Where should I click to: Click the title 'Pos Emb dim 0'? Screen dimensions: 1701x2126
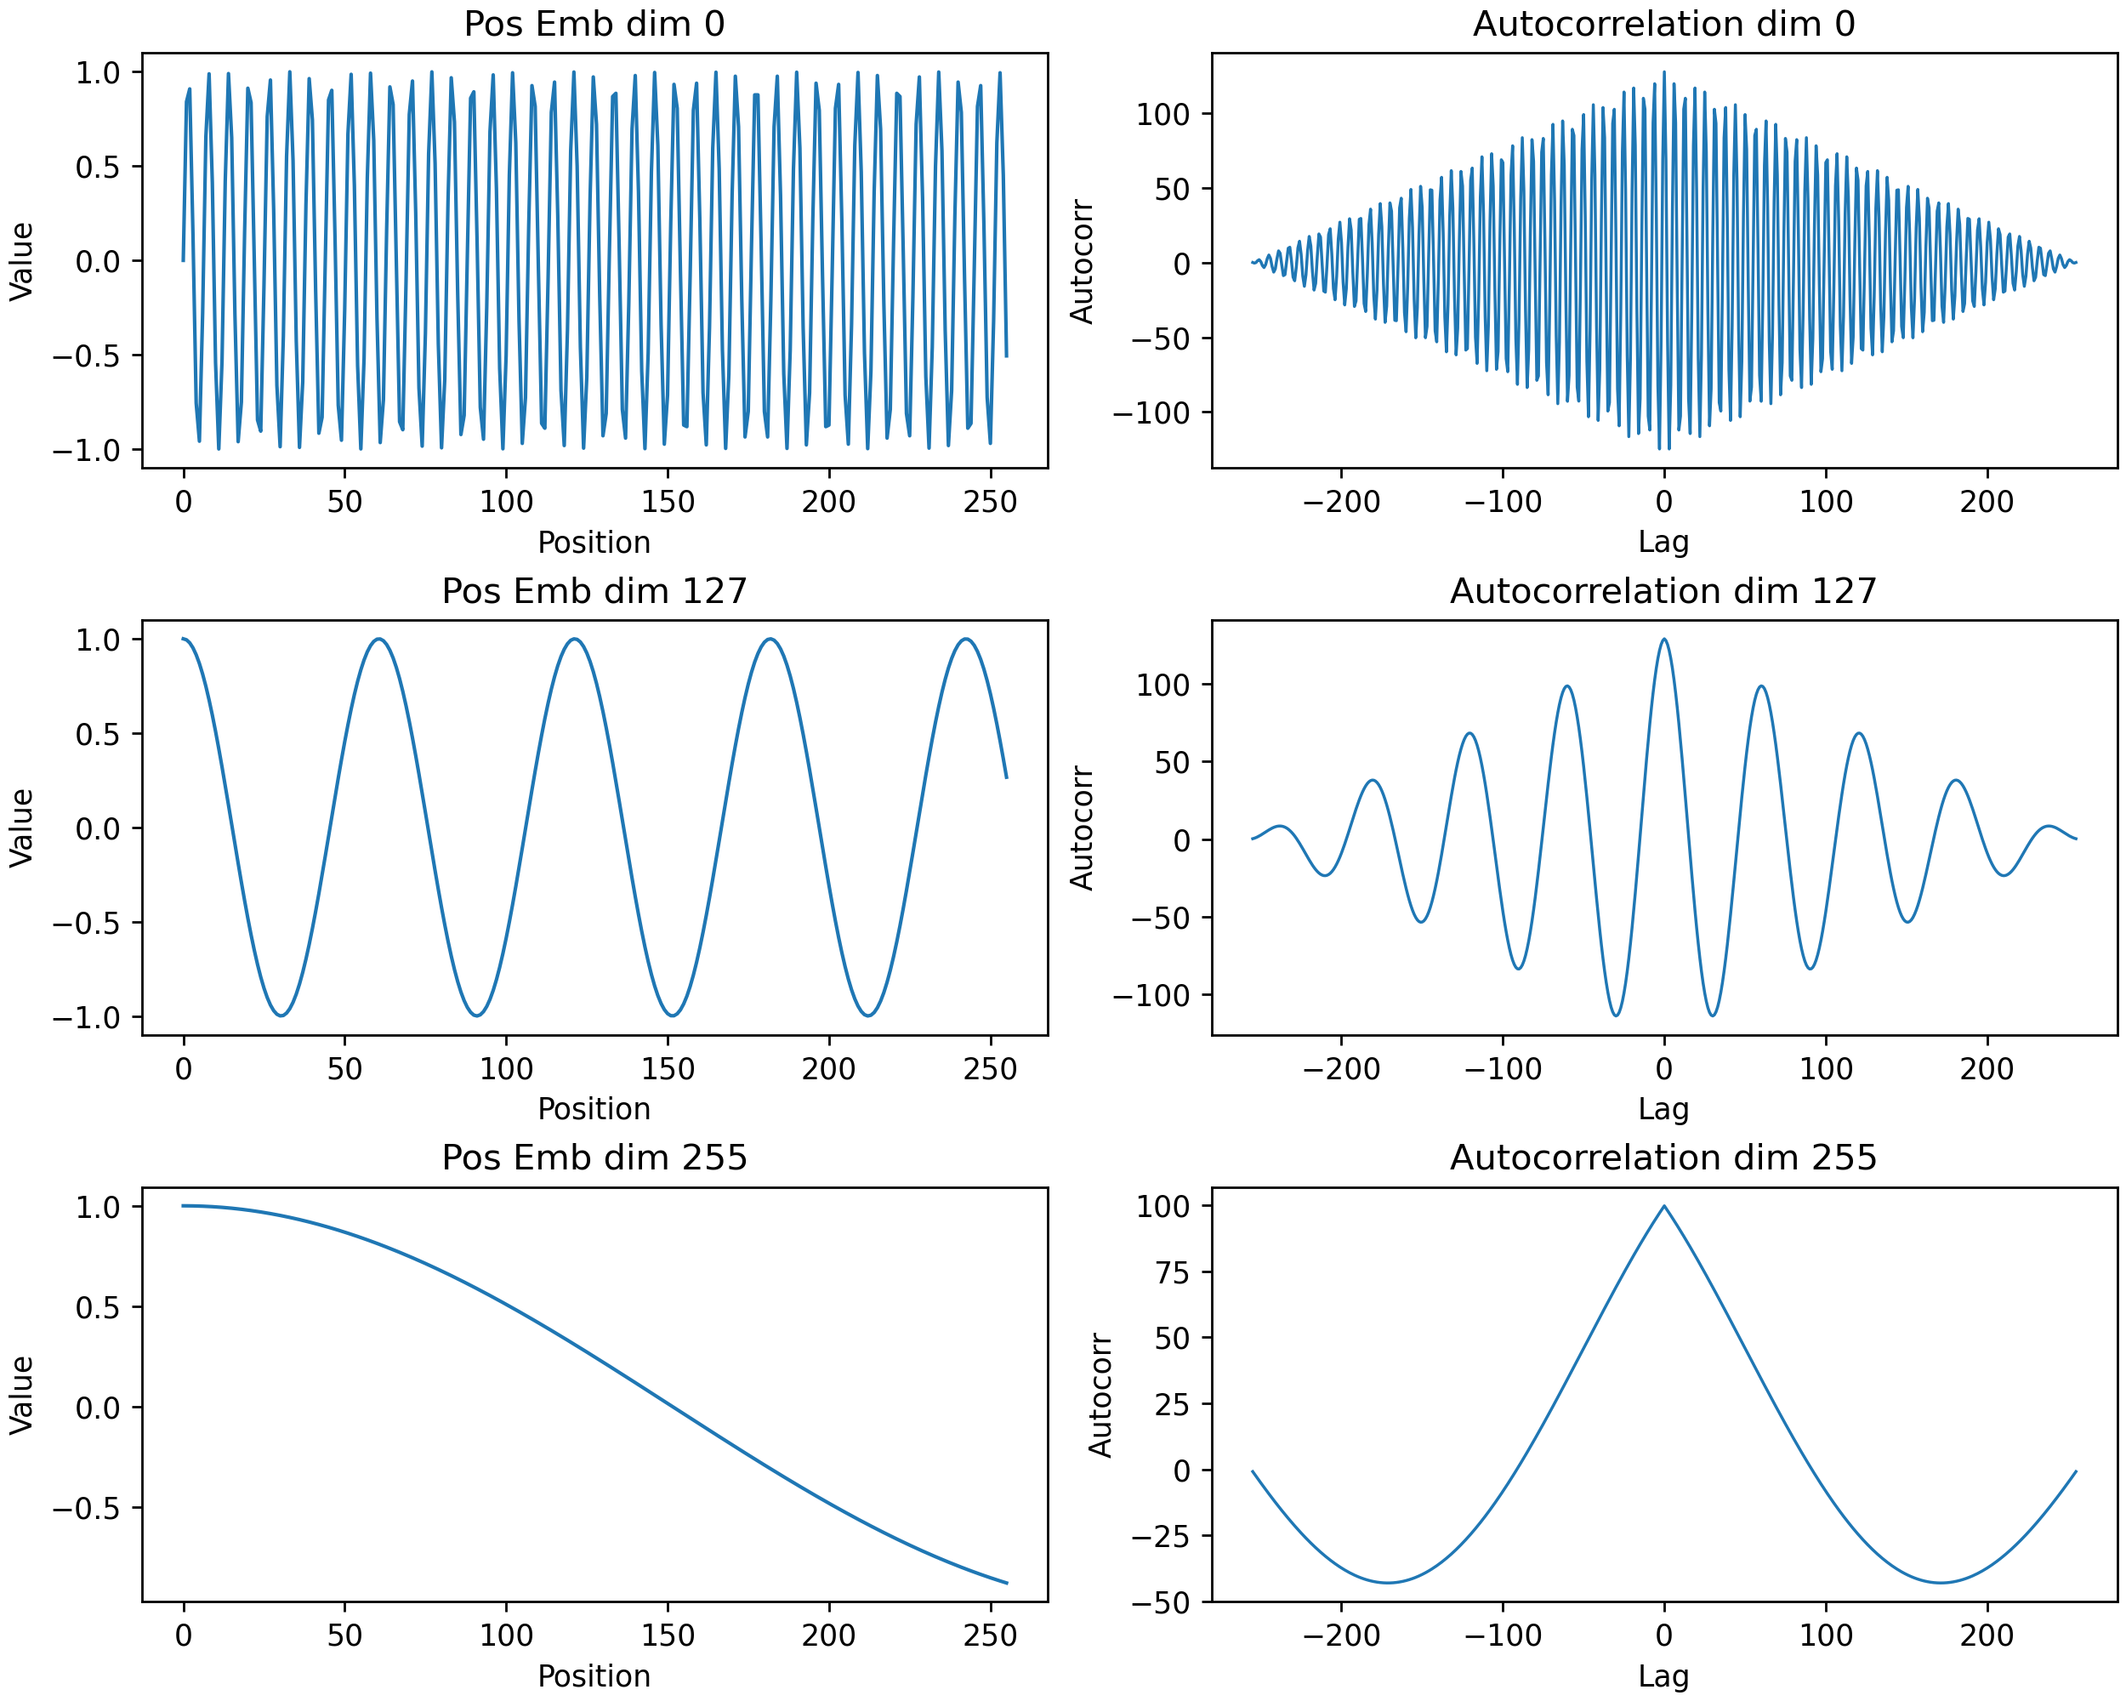click(x=594, y=24)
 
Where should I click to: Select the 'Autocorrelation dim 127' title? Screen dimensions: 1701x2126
click(x=1663, y=590)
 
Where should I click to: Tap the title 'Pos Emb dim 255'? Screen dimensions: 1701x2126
click(x=594, y=1157)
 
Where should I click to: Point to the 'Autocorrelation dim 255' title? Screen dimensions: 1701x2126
click(x=1663, y=1157)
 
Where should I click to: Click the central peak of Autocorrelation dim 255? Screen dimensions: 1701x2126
click(x=1664, y=1205)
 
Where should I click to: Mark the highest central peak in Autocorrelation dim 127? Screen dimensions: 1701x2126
click(x=1664, y=639)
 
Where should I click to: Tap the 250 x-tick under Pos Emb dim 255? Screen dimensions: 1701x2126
click(x=990, y=1636)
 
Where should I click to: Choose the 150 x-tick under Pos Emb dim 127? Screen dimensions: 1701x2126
click(x=668, y=1069)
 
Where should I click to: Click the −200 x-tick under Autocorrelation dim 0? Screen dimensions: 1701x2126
click(x=1341, y=502)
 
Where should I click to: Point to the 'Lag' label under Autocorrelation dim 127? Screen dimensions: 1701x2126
click(x=1663, y=1109)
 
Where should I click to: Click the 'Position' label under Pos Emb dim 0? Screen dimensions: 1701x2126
click(x=594, y=543)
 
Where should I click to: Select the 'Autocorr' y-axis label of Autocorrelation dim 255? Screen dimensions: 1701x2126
click(x=1100, y=1396)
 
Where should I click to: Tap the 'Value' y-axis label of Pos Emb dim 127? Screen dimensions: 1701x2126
click(x=22, y=828)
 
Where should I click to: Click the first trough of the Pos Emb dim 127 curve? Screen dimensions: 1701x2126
click(x=282, y=1015)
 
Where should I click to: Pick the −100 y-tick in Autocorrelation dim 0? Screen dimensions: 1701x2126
click(x=1151, y=412)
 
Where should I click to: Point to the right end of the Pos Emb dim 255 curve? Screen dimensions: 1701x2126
click(x=1007, y=1583)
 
